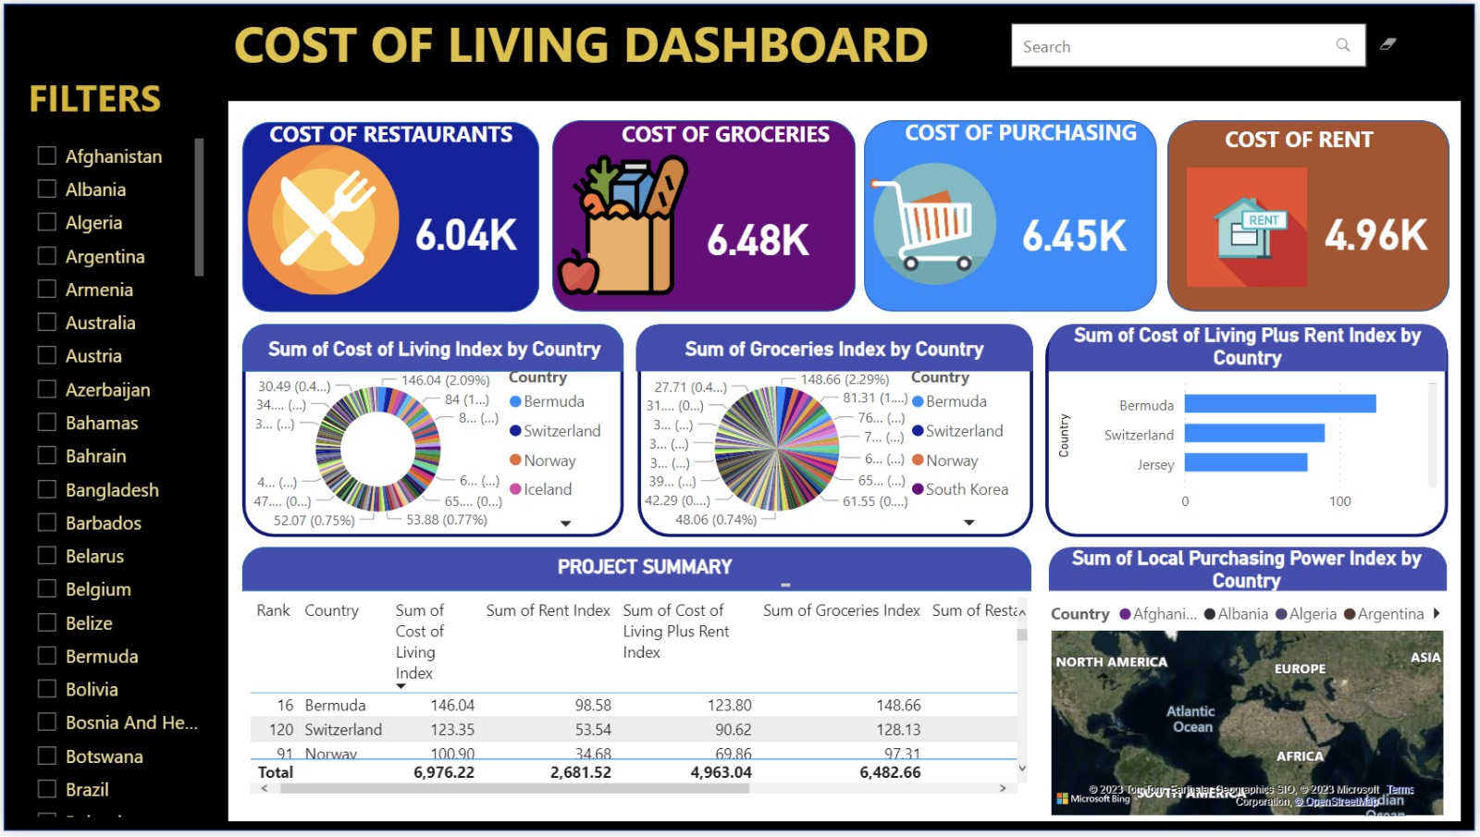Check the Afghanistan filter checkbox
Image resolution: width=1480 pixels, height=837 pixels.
click(47, 155)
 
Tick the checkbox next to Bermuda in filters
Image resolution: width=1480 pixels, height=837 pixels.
click(47, 656)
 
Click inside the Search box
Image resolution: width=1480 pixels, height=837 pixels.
click(1175, 46)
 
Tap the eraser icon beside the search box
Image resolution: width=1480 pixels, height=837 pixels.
click(1387, 44)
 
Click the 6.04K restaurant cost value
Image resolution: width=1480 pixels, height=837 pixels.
click(465, 235)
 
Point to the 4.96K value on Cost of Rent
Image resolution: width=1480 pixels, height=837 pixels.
click(1375, 235)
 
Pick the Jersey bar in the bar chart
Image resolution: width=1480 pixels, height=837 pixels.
click(1245, 462)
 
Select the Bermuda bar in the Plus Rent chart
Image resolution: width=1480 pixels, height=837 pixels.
click(1279, 404)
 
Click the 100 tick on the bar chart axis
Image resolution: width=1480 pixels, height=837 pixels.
click(1339, 501)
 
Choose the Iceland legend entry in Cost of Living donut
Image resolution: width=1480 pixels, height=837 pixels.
click(547, 489)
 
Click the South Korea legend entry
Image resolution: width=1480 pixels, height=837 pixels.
click(966, 489)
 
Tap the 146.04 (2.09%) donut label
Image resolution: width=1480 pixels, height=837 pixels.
click(445, 380)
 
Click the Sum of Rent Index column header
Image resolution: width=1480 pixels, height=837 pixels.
click(548, 610)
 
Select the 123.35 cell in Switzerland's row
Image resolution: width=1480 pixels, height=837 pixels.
click(452, 730)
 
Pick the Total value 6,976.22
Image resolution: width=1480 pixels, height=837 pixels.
click(444, 772)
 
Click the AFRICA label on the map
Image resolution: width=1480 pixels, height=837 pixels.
click(1300, 757)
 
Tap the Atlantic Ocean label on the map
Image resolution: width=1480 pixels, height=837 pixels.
click(1190, 719)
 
